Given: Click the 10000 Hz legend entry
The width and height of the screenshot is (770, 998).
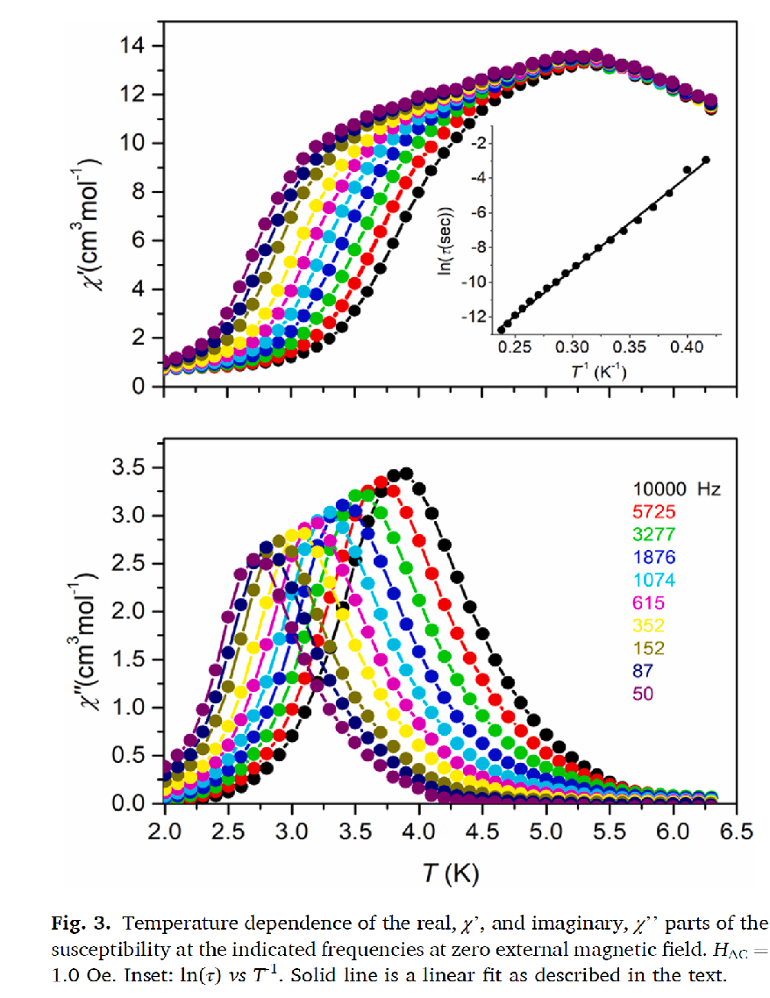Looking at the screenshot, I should tap(675, 489).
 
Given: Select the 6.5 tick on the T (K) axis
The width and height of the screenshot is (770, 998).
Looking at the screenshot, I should tap(739, 830).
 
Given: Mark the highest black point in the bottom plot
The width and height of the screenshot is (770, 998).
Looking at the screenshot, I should tap(405, 474).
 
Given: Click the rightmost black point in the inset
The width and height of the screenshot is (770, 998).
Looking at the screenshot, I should tap(705, 160).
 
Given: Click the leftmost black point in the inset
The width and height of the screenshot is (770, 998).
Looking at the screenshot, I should tap(501, 330).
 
